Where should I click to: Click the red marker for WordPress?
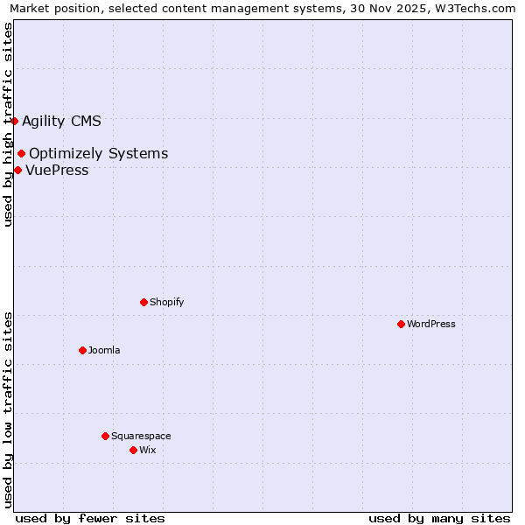coord(401,324)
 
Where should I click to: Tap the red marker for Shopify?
coord(143,302)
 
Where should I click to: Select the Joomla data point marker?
coord(82,350)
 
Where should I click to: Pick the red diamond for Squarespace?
coord(105,436)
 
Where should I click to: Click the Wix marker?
coord(133,450)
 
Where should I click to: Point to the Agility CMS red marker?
coord(14,121)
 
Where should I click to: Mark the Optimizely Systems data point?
coord(21,154)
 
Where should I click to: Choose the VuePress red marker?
coord(17,170)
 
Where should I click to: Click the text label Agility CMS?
coord(61,121)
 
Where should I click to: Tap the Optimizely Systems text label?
coord(98,154)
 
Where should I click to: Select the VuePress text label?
coord(57,170)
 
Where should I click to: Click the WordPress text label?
coord(431,324)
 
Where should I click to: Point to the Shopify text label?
coord(166,302)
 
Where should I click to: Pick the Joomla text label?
coord(104,350)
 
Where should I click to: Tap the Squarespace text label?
coord(141,436)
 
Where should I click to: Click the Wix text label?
coord(147,450)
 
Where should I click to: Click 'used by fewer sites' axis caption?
coord(90,518)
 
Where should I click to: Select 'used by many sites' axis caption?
coord(439,518)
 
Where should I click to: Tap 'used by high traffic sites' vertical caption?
coord(8,124)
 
